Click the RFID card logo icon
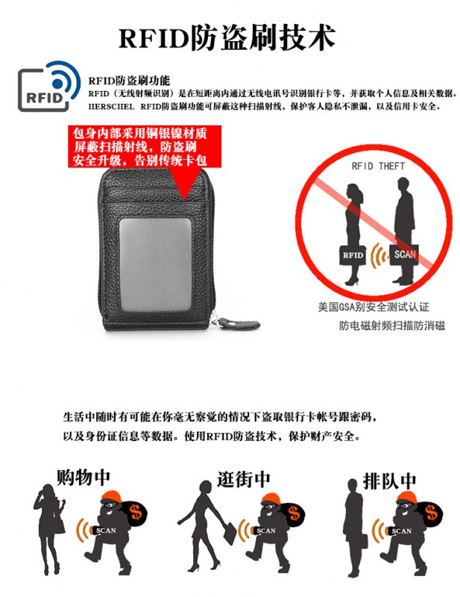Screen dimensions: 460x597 [x=48, y=86]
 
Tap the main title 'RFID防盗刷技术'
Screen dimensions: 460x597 [x=227, y=37]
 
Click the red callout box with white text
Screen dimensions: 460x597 [x=145, y=146]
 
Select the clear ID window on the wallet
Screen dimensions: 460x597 [x=156, y=265]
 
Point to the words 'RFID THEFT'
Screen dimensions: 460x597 [x=378, y=166]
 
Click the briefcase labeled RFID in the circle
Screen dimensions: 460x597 [x=353, y=254]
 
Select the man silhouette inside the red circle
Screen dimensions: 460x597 [x=404, y=231]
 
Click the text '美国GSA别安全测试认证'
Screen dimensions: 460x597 [x=374, y=307]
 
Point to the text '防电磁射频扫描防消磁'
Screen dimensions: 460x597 [x=392, y=326]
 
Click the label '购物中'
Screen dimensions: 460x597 [x=84, y=477]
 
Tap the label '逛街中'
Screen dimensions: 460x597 [x=244, y=479]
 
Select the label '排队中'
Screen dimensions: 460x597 [x=390, y=481]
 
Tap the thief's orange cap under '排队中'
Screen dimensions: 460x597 [x=406, y=497]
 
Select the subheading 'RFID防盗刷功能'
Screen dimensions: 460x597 [x=129, y=81]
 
